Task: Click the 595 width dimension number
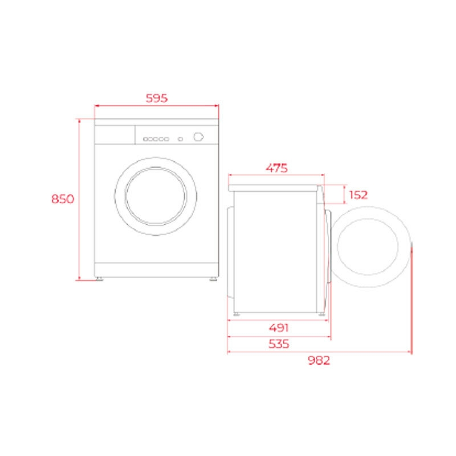click(156, 98)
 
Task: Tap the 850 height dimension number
click(63, 199)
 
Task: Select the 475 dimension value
click(276, 168)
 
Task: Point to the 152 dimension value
click(358, 195)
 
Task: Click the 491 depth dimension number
click(279, 328)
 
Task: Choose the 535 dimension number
click(279, 344)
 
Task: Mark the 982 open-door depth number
click(319, 361)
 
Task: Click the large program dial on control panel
click(198, 137)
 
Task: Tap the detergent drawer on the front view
click(115, 135)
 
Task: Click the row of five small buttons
click(156, 139)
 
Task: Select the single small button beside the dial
click(180, 139)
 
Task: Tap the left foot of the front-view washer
click(100, 279)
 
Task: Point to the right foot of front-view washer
click(213, 279)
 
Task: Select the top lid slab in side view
click(276, 188)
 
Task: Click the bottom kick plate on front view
click(156, 270)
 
